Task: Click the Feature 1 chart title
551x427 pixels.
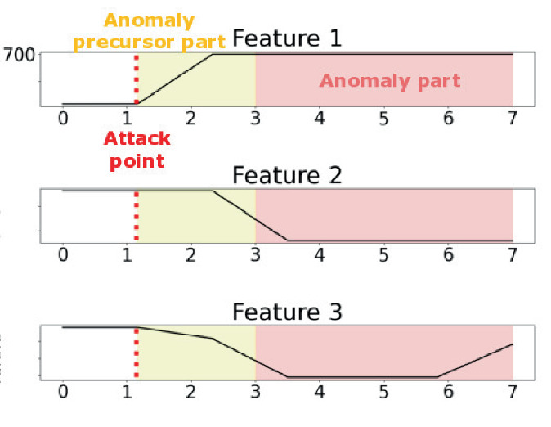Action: click(x=286, y=38)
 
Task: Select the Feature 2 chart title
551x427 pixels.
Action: click(x=286, y=175)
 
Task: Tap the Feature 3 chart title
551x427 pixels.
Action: click(x=286, y=312)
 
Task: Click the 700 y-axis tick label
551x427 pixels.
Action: click(x=19, y=55)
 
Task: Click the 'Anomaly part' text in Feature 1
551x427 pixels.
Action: click(x=389, y=80)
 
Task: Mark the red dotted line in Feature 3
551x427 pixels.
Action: click(x=136, y=352)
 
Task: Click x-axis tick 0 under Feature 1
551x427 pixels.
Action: click(x=63, y=118)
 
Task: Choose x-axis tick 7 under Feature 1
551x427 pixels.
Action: click(x=513, y=118)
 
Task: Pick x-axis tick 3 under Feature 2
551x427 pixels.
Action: click(x=256, y=254)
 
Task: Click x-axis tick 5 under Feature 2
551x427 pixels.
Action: click(x=384, y=254)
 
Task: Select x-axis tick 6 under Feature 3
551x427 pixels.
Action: click(x=448, y=391)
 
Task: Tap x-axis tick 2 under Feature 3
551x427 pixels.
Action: click(x=191, y=391)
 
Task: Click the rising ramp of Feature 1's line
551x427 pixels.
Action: click(x=174, y=79)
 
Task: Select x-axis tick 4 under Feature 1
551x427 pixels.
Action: click(x=320, y=118)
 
